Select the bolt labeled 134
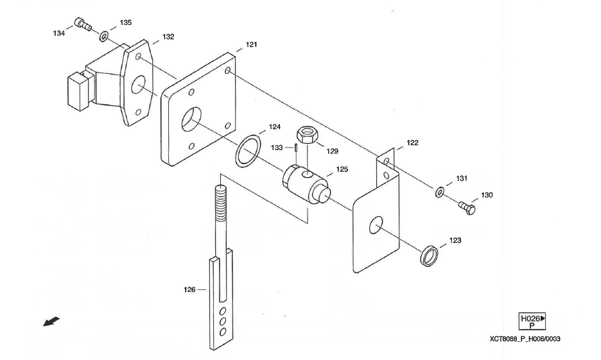click(x=82, y=24)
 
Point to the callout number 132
click(x=168, y=37)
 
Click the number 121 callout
click(x=251, y=45)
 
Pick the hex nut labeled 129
click(x=306, y=136)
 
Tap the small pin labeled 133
click(x=299, y=148)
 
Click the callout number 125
click(x=342, y=170)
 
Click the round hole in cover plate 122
click(x=376, y=225)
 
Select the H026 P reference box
click(x=531, y=321)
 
